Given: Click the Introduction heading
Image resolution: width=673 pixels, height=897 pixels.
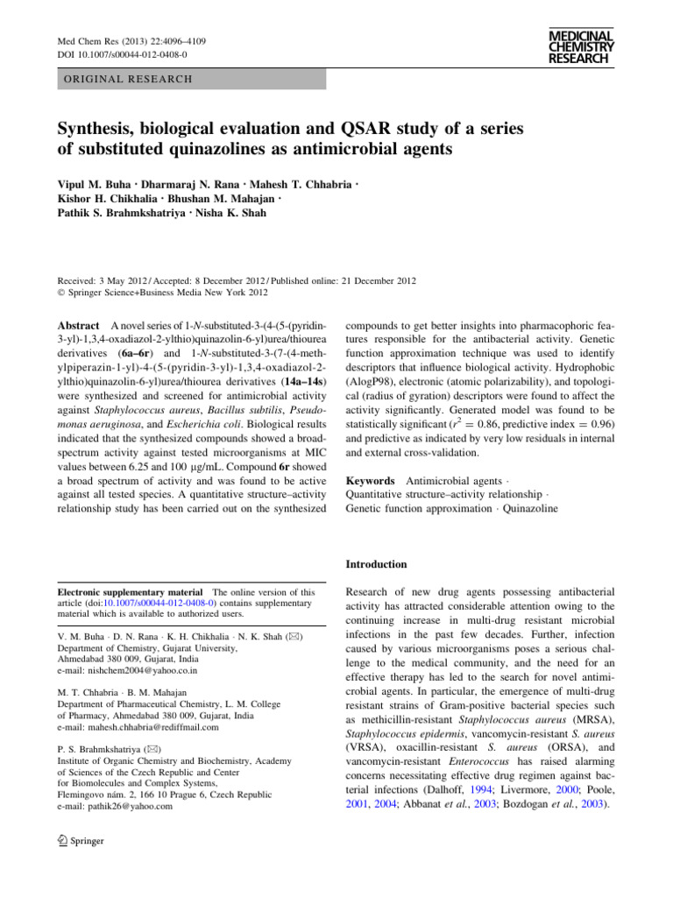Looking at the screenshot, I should click(377, 564).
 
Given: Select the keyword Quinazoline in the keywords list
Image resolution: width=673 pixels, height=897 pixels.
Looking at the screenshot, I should click(528, 508).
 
